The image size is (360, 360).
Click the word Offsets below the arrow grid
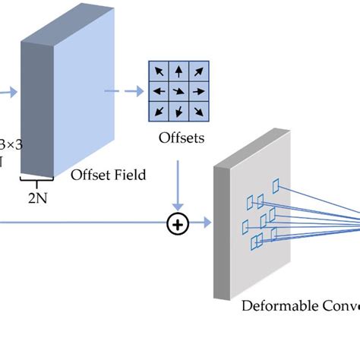coord(180,138)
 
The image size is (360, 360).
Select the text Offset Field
coord(108,175)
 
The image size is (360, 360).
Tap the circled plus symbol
coord(178,223)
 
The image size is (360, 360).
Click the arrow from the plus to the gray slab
coord(201,223)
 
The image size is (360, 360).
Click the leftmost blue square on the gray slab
coord(245,226)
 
